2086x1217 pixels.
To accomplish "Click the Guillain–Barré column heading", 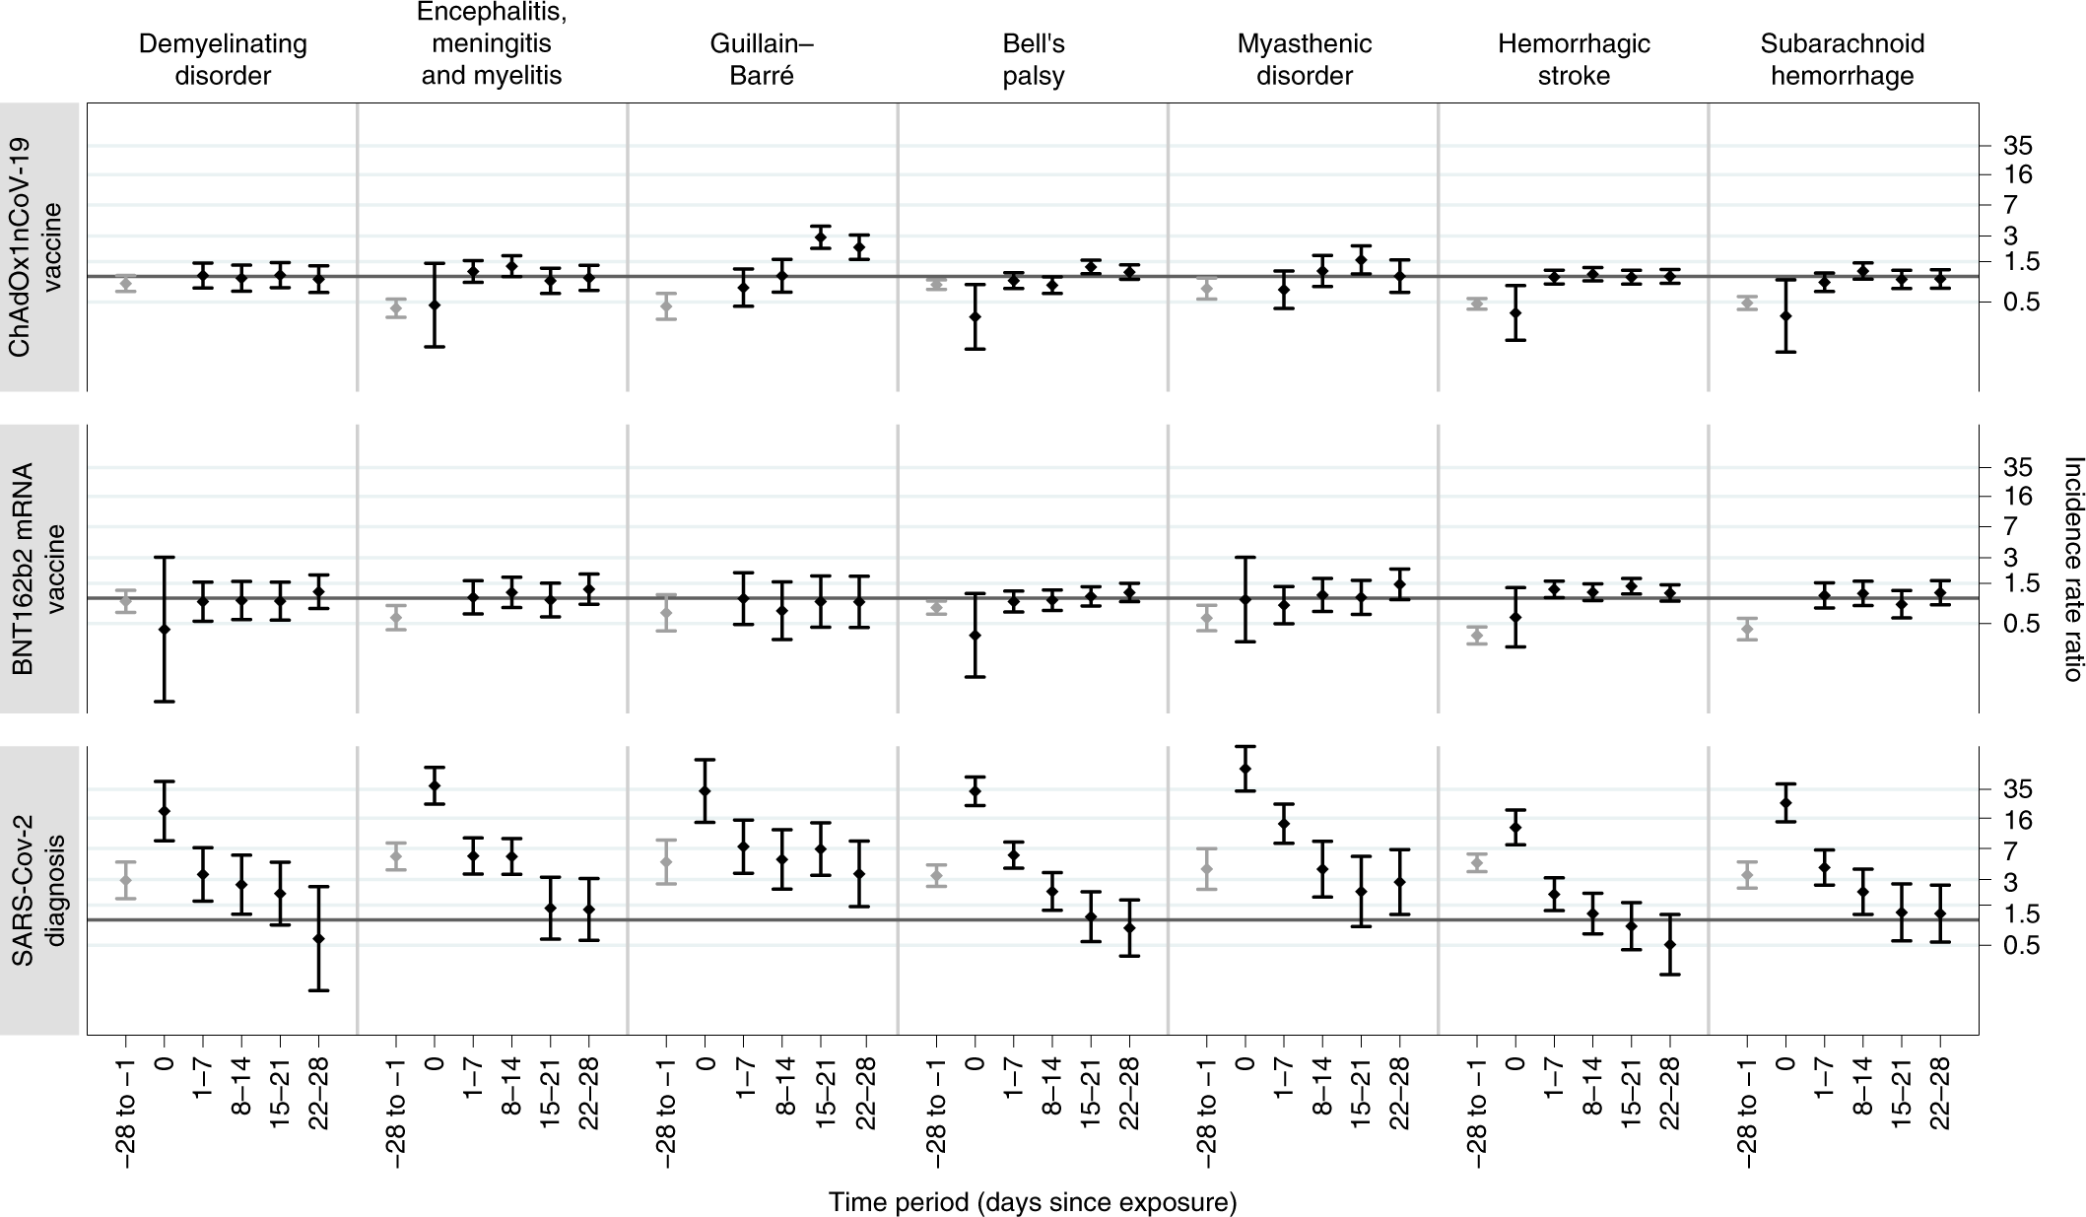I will coord(762,59).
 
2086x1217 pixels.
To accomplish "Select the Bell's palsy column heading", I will coord(1034,59).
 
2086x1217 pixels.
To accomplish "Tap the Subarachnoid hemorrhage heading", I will coord(1842,59).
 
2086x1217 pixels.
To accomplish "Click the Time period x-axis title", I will coord(1032,1201).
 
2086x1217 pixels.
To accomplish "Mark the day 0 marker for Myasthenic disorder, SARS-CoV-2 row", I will coord(1245,769).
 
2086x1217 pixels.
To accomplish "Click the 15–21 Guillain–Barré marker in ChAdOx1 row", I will coord(820,237).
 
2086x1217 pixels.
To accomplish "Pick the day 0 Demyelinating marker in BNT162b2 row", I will coord(164,629).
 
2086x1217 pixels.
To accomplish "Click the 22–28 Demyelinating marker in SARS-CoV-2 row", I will coord(318,938).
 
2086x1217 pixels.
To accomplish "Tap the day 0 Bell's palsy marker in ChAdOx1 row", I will coord(975,316).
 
